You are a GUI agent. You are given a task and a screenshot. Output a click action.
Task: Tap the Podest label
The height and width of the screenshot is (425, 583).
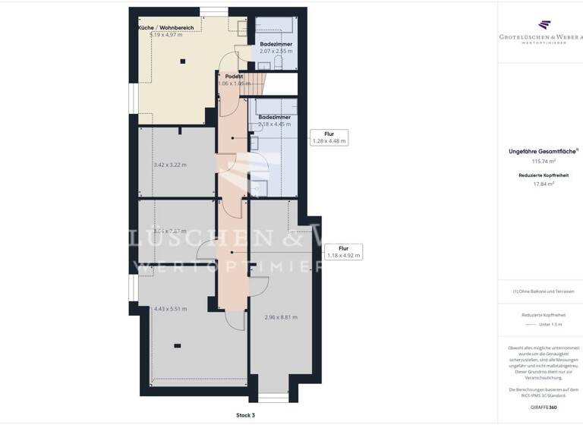tap(234, 77)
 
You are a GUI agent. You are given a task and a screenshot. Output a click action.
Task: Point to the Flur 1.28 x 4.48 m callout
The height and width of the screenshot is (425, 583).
tap(329, 137)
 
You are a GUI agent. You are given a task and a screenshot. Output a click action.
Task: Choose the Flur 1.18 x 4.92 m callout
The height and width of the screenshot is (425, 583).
tap(343, 252)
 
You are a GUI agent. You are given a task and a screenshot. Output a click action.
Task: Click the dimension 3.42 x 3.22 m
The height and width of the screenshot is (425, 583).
tap(169, 165)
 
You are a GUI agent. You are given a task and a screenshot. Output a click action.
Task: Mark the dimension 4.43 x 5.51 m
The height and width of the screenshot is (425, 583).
tap(170, 309)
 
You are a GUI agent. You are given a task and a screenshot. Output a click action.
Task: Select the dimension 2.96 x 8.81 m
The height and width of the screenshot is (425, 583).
tap(280, 317)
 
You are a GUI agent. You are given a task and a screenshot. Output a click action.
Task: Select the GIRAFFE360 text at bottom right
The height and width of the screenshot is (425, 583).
tap(543, 407)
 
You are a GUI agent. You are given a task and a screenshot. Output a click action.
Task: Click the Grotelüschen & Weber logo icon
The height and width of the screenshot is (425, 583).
tap(543, 26)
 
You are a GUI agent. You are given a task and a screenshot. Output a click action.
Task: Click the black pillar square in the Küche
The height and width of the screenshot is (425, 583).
tap(183, 61)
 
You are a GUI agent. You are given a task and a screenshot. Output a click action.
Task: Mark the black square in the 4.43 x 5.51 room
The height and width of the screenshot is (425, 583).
tap(176, 346)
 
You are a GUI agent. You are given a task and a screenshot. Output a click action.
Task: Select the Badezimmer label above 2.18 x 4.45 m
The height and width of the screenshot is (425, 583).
tap(273, 117)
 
